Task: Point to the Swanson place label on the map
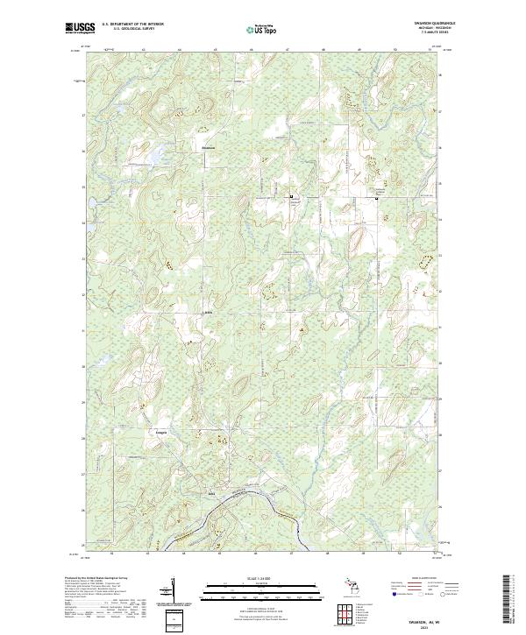point(208,147)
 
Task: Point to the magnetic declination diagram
point(173,592)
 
